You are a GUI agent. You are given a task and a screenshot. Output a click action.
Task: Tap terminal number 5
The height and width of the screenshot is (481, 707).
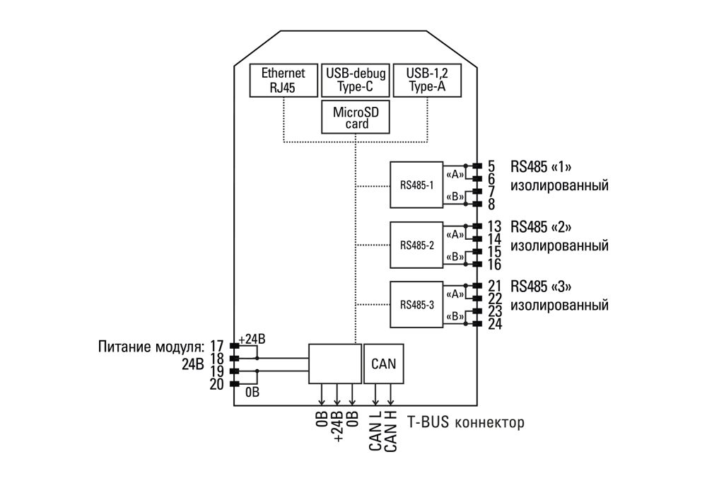tap(491, 166)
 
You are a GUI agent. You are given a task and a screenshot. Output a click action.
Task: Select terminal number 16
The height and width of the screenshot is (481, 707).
tap(495, 265)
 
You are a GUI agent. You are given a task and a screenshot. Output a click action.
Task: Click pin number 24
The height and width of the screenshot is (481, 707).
tap(495, 324)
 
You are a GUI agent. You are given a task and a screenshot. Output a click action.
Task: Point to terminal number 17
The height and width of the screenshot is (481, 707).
tap(217, 346)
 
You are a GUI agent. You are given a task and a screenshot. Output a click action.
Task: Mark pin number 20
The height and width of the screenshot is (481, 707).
tap(217, 384)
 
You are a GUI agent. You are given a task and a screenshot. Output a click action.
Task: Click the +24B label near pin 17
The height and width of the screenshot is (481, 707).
tap(252, 340)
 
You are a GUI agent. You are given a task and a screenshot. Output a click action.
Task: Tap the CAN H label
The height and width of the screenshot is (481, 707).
tap(391, 431)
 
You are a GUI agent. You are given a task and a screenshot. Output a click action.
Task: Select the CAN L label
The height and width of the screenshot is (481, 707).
tap(375, 431)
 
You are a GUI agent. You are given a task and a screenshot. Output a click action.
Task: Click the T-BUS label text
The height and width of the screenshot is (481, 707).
tap(428, 422)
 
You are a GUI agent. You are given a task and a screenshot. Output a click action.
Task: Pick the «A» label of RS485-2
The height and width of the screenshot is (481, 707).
tap(455, 235)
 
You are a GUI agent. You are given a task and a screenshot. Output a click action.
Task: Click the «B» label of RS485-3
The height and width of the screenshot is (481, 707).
tap(455, 317)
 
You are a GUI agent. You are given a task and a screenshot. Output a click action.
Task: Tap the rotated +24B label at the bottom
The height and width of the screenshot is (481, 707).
tap(337, 427)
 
